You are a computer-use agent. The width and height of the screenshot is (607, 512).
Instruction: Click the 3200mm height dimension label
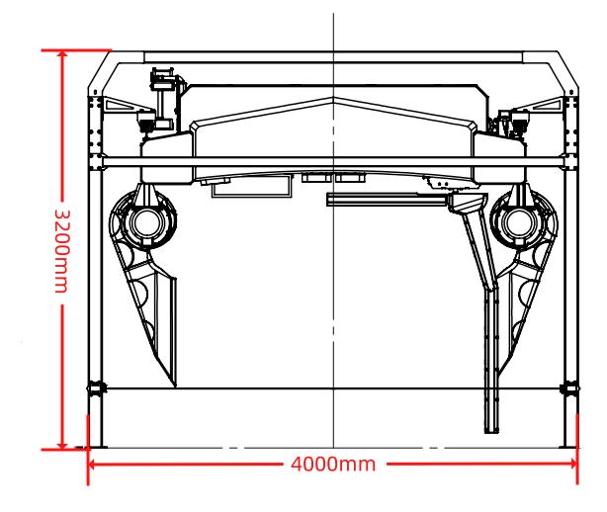[x=62, y=251]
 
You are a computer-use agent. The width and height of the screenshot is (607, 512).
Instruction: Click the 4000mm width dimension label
[x=333, y=464]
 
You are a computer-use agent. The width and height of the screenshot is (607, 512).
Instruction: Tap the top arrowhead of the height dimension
[x=62, y=55]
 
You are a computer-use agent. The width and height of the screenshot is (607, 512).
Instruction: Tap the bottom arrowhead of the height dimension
[x=62, y=445]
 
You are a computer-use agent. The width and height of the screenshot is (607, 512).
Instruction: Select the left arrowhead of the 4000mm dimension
[x=93, y=464]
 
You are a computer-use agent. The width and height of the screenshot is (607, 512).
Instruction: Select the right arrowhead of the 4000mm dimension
[x=572, y=464]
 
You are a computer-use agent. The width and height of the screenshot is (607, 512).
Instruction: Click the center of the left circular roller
[x=146, y=223]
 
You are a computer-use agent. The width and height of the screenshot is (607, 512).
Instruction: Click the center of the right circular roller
[x=520, y=223]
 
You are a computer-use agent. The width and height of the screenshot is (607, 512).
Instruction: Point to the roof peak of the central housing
[x=334, y=98]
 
